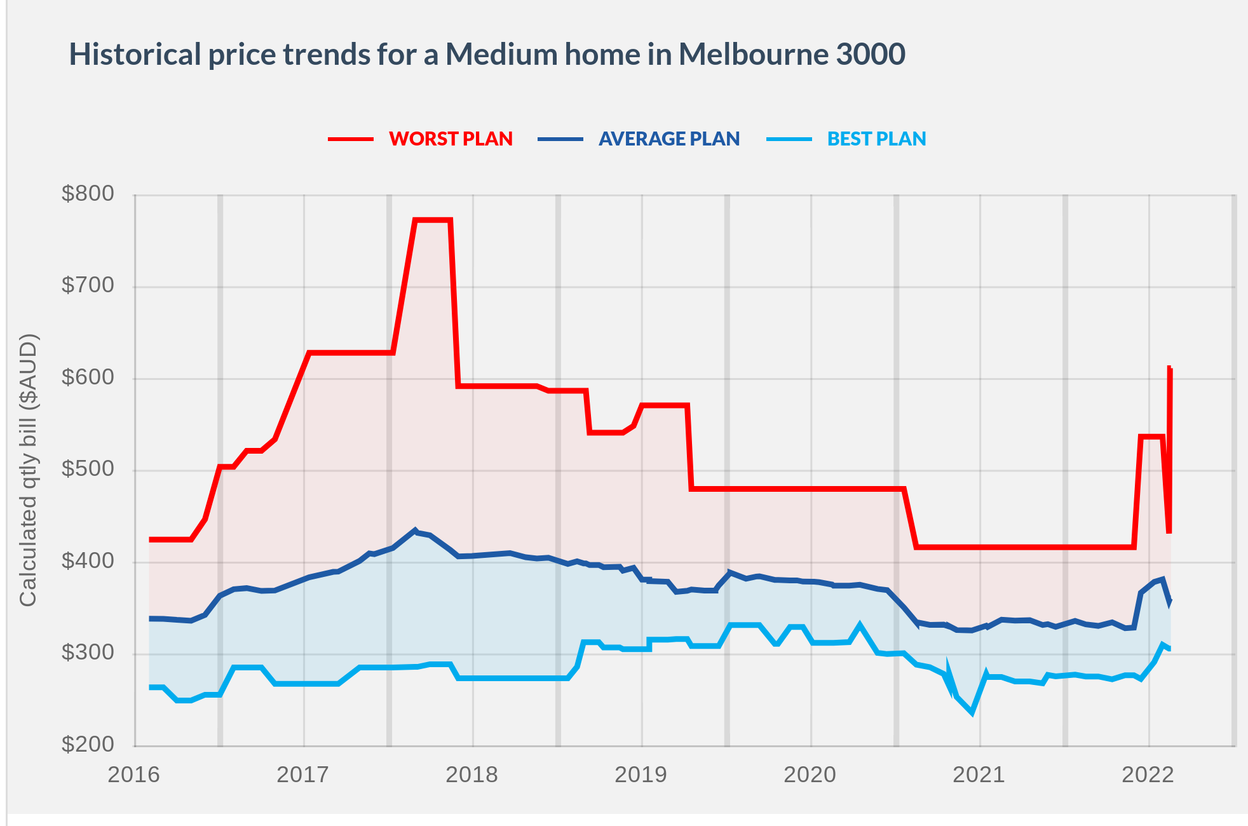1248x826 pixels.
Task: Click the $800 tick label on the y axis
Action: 88,194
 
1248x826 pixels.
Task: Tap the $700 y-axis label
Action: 88,285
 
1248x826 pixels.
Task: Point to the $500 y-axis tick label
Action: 88,469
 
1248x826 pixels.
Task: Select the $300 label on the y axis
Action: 88,653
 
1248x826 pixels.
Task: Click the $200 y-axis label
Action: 88,744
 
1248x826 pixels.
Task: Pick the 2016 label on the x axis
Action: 133,775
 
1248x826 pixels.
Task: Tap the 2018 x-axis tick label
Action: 471,775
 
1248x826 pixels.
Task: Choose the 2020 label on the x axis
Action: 810,775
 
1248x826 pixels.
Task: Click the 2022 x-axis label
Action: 1148,775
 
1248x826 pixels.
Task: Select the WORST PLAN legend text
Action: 451,139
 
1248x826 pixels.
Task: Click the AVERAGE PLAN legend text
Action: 669,139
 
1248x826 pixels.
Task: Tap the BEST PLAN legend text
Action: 876,139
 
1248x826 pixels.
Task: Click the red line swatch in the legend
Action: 351,139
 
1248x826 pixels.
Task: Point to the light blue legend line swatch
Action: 789,139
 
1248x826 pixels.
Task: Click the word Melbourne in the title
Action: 753,54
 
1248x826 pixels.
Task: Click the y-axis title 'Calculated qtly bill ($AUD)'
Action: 29,470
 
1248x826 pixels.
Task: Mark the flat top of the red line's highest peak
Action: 433,220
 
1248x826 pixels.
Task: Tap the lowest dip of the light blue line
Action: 972,712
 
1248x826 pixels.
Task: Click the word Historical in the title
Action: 135,54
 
